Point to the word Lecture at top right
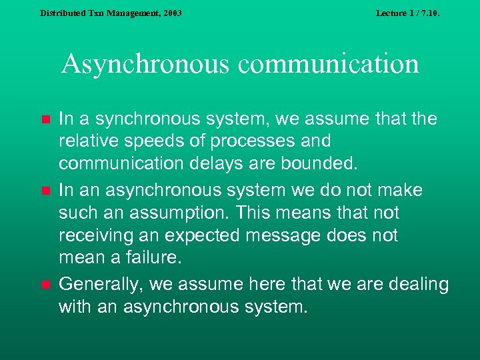pyautogui.click(x=391, y=13)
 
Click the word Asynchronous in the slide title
pyautogui.click(x=143, y=64)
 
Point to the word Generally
pyautogui.click(x=101, y=285)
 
